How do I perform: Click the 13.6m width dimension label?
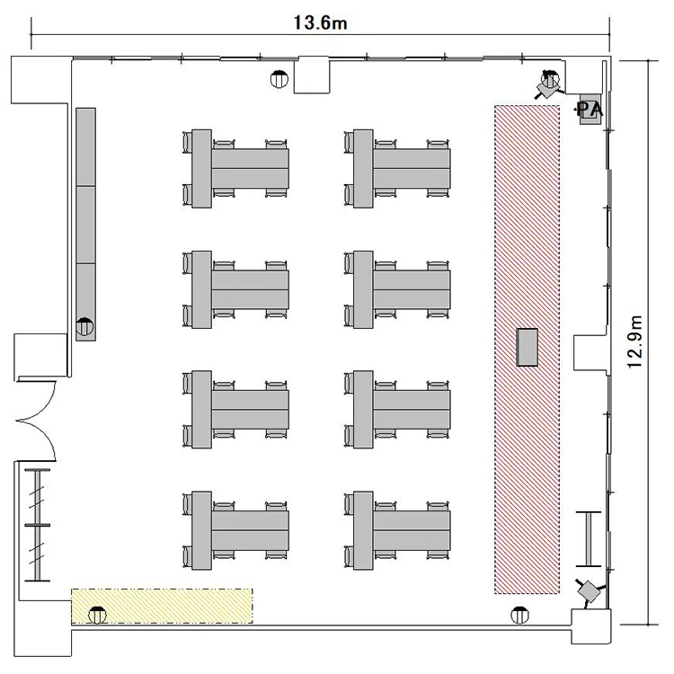pyautogui.click(x=320, y=22)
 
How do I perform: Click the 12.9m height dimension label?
pyautogui.click(x=634, y=341)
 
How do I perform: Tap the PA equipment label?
pyautogui.click(x=590, y=110)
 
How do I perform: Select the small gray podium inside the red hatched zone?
pyautogui.click(x=527, y=347)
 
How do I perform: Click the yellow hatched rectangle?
pyautogui.click(x=162, y=606)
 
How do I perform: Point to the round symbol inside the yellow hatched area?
pyautogui.click(x=97, y=615)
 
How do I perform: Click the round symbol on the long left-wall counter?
pyautogui.click(x=84, y=327)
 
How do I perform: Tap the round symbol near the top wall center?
pyautogui.click(x=279, y=79)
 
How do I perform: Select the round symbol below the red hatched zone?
pyautogui.click(x=519, y=615)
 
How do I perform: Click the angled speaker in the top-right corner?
pyautogui.click(x=549, y=85)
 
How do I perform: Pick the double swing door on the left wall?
pyautogui.click(x=36, y=421)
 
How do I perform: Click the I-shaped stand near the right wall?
pyautogui.click(x=588, y=539)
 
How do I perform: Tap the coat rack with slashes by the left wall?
pyautogui.click(x=38, y=525)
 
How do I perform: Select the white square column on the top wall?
pyautogui.click(x=312, y=76)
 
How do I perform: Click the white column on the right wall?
pyautogui.click(x=590, y=353)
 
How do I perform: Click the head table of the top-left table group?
pyautogui.click(x=201, y=169)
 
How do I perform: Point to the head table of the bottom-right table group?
pyautogui.click(x=363, y=530)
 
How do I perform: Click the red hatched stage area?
pyautogui.click(x=527, y=350)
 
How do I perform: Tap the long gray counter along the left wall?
pyautogui.click(x=85, y=225)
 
